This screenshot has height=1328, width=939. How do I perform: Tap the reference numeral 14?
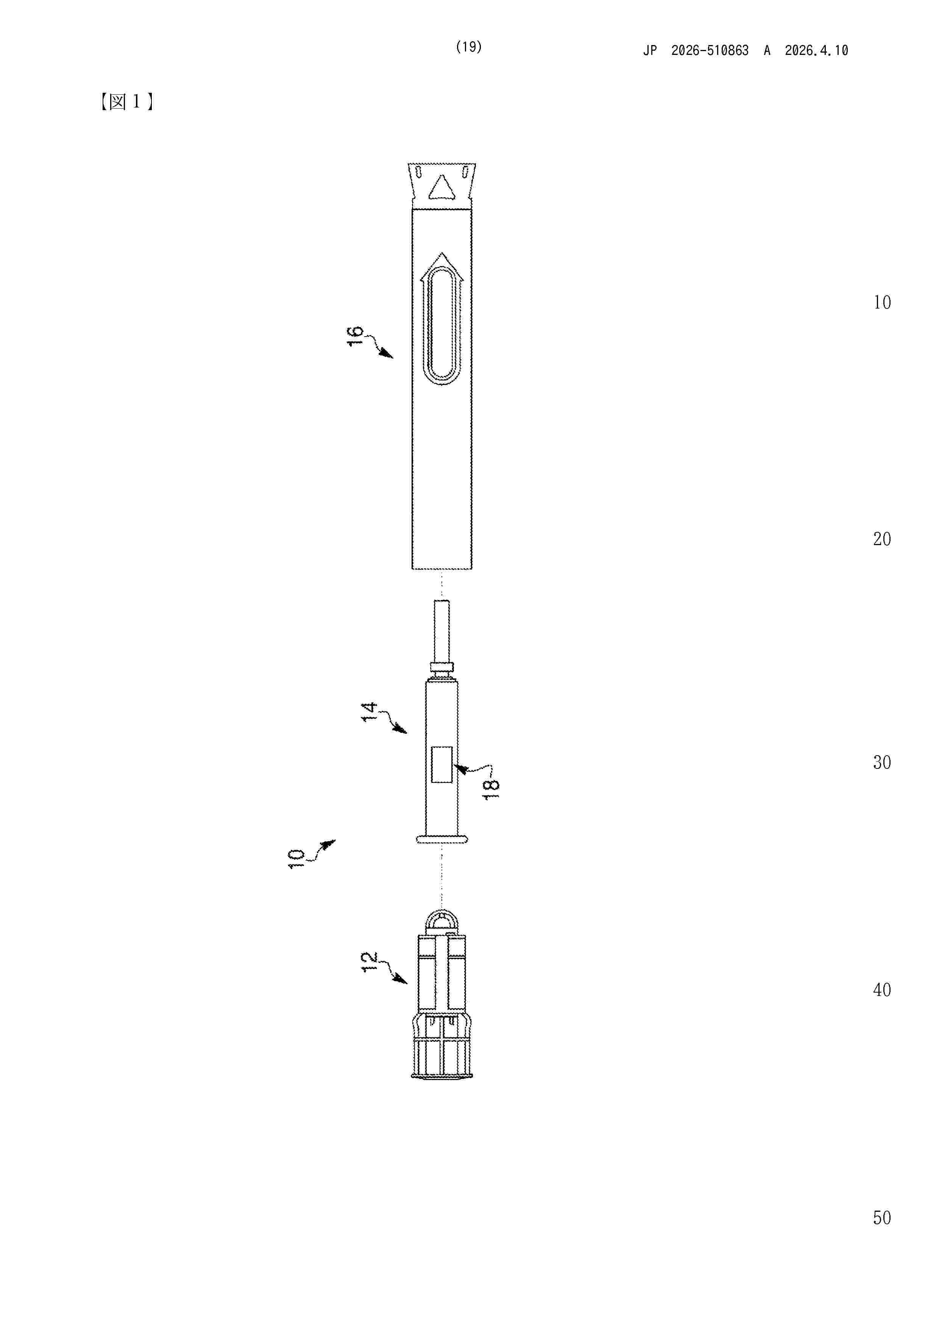click(x=369, y=711)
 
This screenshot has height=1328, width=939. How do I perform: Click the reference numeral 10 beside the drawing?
click(x=296, y=858)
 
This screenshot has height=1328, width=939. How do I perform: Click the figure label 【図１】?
click(x=126, y=102)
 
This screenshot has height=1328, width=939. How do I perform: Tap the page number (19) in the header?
click(x=469, y=47)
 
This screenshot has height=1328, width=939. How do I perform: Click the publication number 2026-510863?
click(x=710, y=51)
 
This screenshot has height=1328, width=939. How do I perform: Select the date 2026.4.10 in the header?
click(x=816, y=51)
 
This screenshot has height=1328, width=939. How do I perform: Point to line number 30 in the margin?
click(x=882, y=762)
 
